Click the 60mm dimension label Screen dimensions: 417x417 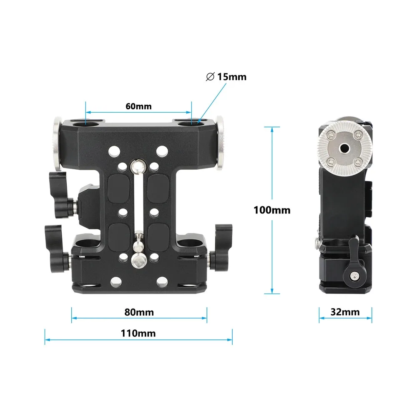coord(138,106)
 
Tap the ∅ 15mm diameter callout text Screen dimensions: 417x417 coord(226,77)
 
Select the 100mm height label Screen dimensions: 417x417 coord(272,210)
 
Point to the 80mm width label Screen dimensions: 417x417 coord(139,312)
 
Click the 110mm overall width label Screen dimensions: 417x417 coord(138,333)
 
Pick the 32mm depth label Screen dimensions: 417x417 coord(345,311)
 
